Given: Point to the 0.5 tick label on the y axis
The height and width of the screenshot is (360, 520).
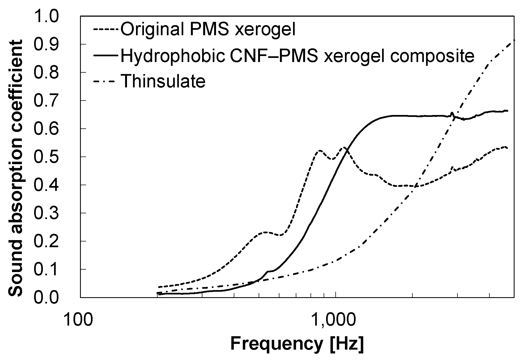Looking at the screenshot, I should click(x=46, y=157).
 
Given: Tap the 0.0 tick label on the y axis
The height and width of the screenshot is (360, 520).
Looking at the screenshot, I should click(x=46, y=297).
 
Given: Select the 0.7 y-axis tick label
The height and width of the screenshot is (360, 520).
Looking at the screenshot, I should click(x=46, y=101).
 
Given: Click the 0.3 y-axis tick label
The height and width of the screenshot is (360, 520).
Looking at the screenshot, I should click(x=46, y=213).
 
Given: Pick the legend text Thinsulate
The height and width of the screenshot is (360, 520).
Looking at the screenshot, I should click(x=163, y=81).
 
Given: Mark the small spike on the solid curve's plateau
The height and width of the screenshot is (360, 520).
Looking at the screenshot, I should click(x=452, y=113).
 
